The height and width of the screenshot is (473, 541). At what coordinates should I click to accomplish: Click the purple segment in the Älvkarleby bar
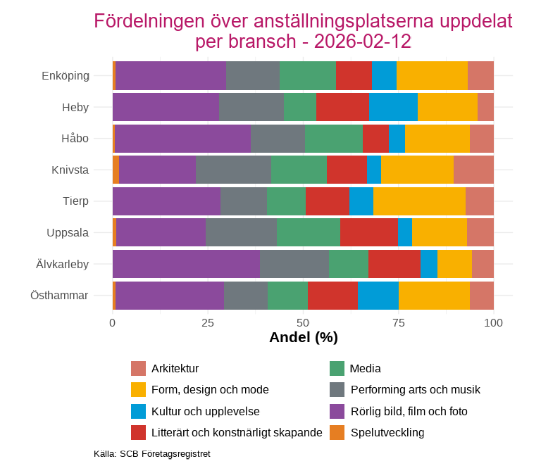tap(186, 264)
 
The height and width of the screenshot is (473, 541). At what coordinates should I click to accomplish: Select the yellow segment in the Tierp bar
tap(419, 201)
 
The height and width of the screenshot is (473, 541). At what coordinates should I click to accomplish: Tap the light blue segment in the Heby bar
tap(393, 107)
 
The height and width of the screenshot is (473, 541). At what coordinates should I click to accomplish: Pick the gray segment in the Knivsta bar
tap(233, 170)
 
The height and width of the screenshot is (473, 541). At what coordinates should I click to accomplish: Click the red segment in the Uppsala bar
tap(369, 232)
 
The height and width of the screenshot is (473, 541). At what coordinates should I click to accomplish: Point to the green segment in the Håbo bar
tap(334, 138)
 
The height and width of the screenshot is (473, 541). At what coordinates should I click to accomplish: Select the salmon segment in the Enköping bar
tap(480, 75)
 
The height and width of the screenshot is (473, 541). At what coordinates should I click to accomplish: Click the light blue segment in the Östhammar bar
tap(378, 295)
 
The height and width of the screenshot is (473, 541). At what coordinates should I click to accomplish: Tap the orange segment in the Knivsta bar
tap(116, 170)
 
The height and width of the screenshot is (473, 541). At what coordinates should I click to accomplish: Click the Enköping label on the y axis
tap(66, 75)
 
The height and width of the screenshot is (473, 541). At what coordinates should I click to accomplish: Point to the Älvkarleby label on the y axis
tap(63, 264)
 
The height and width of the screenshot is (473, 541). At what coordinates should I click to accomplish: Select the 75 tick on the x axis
tap(398, 322)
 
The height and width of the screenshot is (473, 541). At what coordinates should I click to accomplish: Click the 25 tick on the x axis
tap(208, 322)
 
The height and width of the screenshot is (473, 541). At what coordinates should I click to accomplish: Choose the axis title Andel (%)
tap(303, 338)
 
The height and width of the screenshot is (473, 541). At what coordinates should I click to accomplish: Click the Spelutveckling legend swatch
tap(337, 432)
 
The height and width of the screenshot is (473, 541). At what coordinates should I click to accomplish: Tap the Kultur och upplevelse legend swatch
tap(138, 411)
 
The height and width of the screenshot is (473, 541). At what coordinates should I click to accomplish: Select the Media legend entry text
tap(366, 369)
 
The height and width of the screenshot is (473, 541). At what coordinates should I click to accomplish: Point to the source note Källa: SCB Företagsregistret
tap(152, 454)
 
